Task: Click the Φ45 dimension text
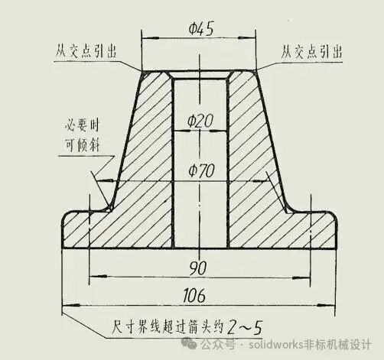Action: (x=201, y=29)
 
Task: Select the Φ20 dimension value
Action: (x=200, y=121)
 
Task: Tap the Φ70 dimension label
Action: (x=201, y=170)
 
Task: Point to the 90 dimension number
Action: (x=198, y=268)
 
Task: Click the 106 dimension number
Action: (x=194, y=296)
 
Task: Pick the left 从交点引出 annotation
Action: (x=86, y=51)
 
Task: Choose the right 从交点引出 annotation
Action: (x=311, y=52)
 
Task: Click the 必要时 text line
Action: (x=82, y=125)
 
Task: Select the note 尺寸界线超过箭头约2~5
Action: (x=187, y=327)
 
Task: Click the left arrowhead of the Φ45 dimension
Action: (x=151, y=38)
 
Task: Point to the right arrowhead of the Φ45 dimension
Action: (x=247, y=38)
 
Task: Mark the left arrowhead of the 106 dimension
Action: (x=71, y=305)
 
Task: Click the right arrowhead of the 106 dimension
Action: (x=326, y=305)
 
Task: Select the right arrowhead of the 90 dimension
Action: (x=301, y=277)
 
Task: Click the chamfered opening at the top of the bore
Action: (x=200, y=76)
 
